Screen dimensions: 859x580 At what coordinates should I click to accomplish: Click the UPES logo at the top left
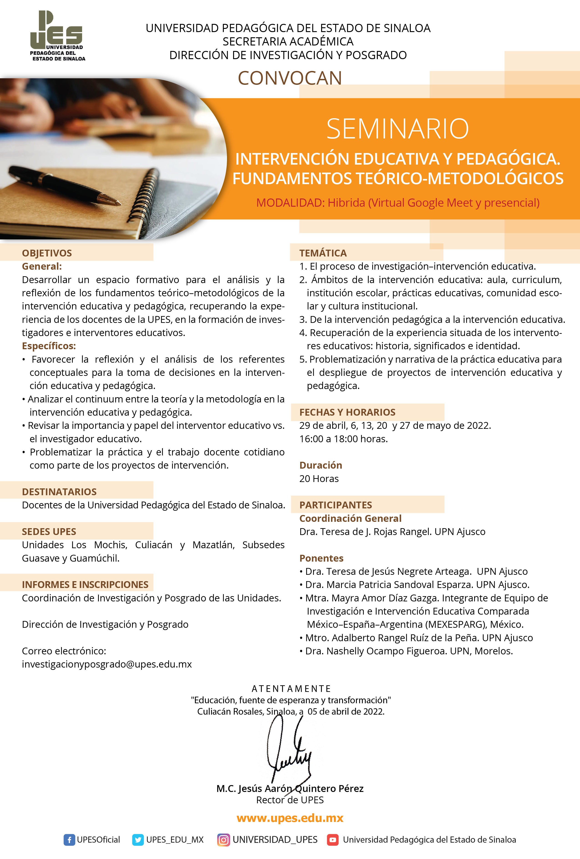[x=57, y=36]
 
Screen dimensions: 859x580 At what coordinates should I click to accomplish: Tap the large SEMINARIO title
[x=397, y=129]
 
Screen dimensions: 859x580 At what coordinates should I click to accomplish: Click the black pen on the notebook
[x=64, y=185]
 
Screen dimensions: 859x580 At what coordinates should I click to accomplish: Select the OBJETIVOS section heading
[x=47, y=253]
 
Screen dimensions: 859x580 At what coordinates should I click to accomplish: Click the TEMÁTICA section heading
[x=323, y=253]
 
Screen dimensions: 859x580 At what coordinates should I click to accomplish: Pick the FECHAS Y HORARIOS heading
[x=347, y=412]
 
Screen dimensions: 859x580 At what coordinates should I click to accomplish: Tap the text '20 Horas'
[x=319, y=479]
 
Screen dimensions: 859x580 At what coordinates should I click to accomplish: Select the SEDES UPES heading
[x=49, y=532]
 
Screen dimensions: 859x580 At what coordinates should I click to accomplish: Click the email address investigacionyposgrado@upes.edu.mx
[x=107, y=664]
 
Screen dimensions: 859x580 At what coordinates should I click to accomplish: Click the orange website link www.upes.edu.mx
[x=290, y=818]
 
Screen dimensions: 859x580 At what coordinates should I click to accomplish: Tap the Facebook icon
[x=69, y=840]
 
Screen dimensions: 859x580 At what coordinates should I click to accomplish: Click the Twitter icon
[x=138, y=840]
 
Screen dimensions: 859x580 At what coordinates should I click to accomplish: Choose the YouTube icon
[x=333, y=840]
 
